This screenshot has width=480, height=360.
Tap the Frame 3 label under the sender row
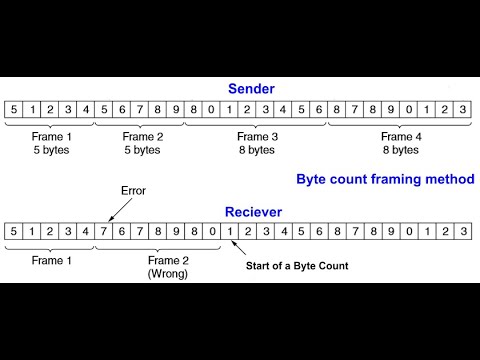(257, 136)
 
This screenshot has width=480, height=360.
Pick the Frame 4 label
(399, 136)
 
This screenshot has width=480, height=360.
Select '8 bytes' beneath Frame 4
(399, 150)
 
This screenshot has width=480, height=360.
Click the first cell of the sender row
(13, 109)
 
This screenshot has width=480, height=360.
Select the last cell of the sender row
(464, 109)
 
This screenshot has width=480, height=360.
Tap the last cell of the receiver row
(464, 232)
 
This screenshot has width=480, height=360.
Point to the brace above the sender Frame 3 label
(257, 124)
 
